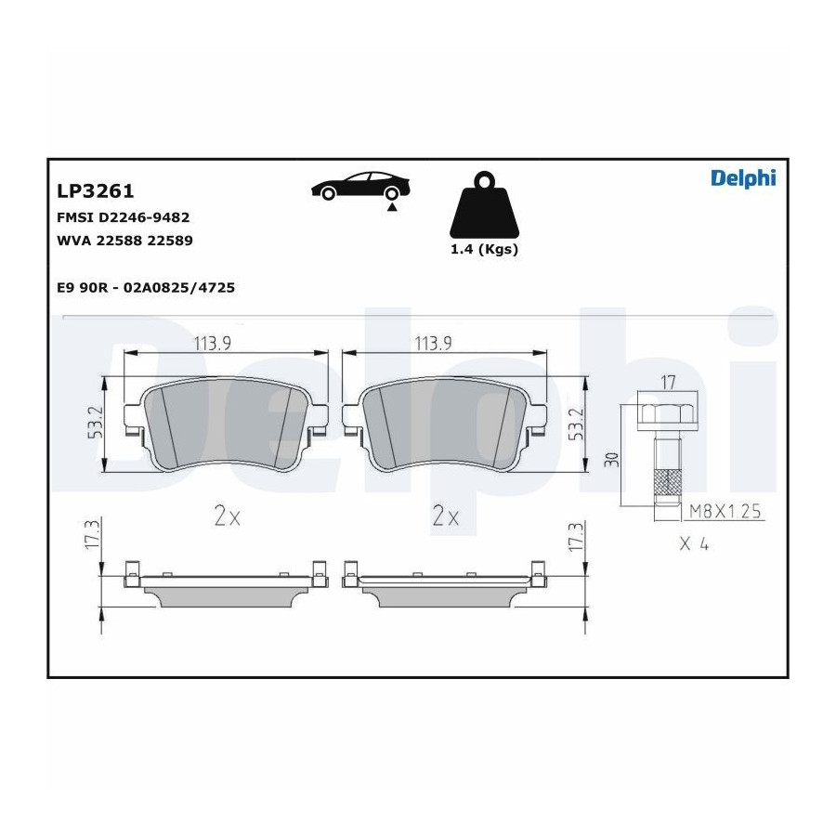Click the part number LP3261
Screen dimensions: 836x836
[x=96, y=190]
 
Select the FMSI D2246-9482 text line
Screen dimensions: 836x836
[x=124, y=217]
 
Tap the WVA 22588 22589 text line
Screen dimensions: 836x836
[x=124, y=241]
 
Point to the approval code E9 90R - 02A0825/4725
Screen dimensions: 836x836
[x=146, y=287]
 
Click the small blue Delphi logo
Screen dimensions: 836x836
[x=743, y=178]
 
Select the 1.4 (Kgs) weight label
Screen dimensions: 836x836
[x=484, y=249]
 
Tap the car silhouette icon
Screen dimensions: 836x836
[x=360, y=186]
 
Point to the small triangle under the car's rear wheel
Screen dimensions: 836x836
[x=392, y=207]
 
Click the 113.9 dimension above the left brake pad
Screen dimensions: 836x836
[x=212, y=344]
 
